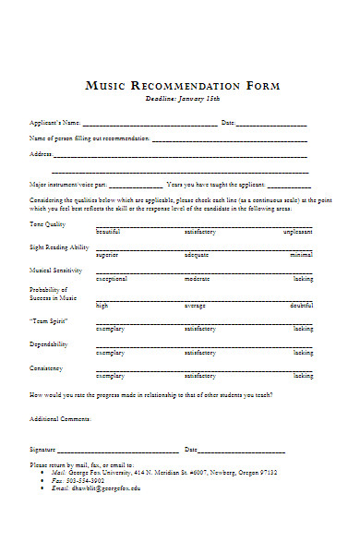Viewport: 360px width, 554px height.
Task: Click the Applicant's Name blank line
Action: pyautogui.click(x=150, y=124)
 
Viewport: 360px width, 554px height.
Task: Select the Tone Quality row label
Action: pyautogui.click(x=48, y=224)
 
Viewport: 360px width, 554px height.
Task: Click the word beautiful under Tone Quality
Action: pyautogui.click(x=108, y=232)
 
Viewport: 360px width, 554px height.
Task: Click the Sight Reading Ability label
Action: pyautogui.click(x=60, y=247)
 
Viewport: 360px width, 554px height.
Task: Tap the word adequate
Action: pyautogui.click(x=197, y=255)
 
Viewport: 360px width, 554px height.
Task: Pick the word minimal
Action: pyautogui.click(x=301, y=255)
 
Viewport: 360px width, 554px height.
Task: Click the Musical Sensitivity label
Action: pyautogui.click(x=56, y=271)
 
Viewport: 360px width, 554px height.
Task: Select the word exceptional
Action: pyautogui.click(x=111, y=278)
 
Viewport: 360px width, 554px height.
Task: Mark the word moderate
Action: pyautogui.click(x=197, y=278)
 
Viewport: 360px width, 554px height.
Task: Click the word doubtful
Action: pyautogui.click(x=301, y=305)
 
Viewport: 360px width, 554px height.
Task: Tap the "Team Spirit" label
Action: pyautogui.click(x=48, y=320)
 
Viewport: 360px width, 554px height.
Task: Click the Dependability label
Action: pyautogui.click(x=49, y=344)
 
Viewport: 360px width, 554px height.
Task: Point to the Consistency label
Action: pyautogui.click(x=47, y=368)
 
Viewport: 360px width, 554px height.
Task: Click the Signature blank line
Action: pyautogui.click(x=119, y=451)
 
